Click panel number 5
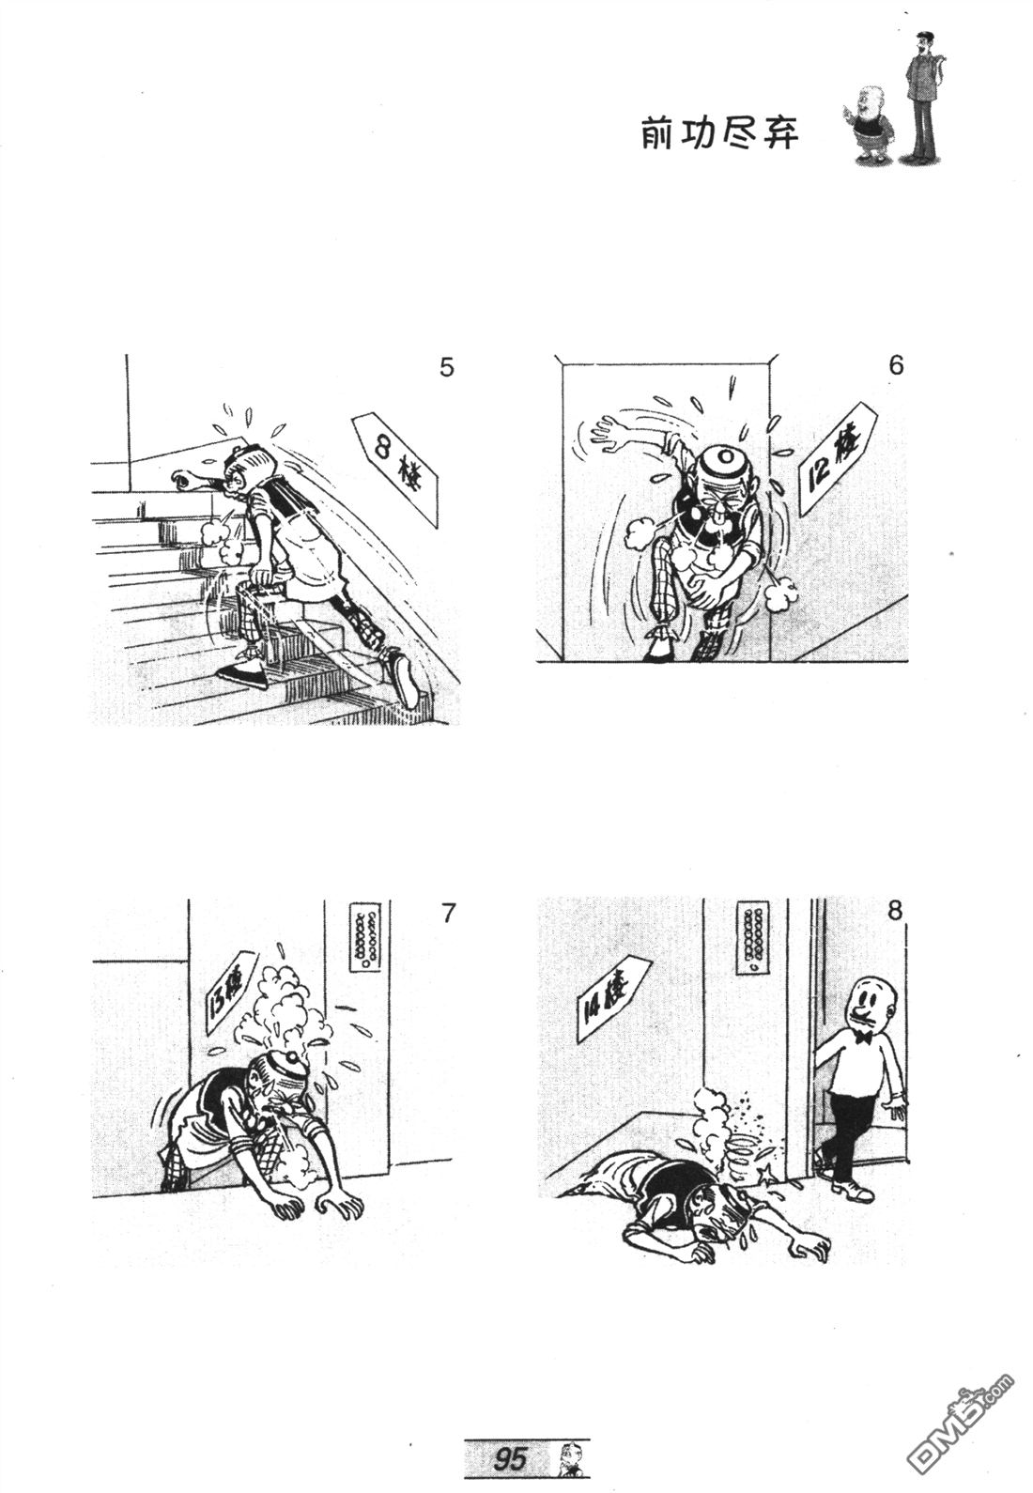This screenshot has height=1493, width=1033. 446,367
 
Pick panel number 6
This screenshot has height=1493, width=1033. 896,365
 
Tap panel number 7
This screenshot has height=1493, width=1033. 448,913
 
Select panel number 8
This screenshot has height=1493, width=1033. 895,910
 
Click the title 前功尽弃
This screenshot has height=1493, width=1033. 719,133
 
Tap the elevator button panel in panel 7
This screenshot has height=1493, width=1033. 364,936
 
